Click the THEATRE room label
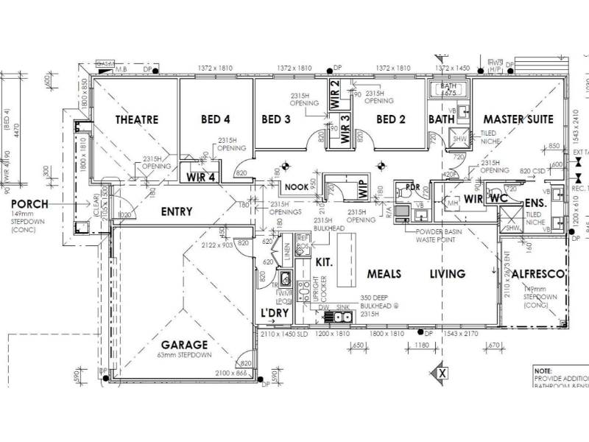(x=137, y=119)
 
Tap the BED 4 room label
(x=216, y=119)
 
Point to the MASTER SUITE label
(x=518, y=119)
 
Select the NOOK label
(x=296, y=187)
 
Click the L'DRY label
(x=275, y=314)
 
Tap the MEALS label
(x=384, y=274)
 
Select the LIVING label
(x=448, y=274)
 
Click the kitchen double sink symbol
(x=342, y=318)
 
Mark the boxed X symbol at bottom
(x=442, y=373)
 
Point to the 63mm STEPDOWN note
(x=185, y=355)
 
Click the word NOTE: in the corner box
(x=544, y=371)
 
